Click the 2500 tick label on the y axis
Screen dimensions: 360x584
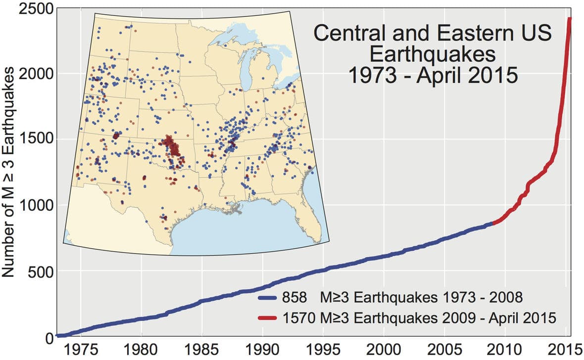point(33,9)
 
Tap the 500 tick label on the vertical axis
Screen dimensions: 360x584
point(39,271)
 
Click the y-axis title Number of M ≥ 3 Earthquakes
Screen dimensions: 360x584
point(10,173)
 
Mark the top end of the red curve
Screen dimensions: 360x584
point(570,19)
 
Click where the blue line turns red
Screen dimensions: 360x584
point(493,223)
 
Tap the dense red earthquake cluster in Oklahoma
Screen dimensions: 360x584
point(171,146)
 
